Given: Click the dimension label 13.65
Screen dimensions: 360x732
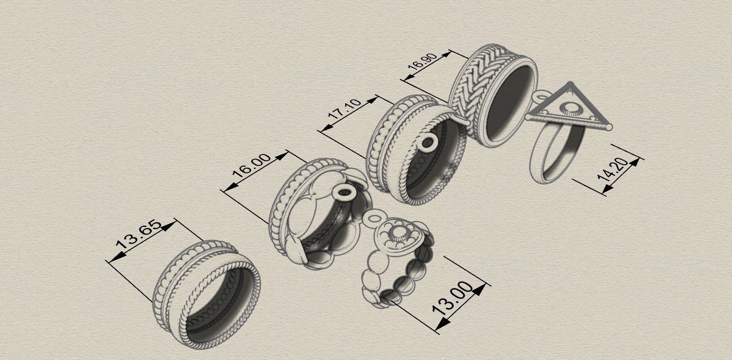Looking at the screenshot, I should [139, 234].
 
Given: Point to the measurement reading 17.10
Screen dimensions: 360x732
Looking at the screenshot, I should [345, 109].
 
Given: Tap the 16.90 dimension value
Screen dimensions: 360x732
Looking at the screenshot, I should [422, 62].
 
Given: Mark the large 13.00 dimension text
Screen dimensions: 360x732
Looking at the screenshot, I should [453, 298].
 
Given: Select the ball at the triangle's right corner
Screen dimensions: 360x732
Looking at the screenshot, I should [609, 127].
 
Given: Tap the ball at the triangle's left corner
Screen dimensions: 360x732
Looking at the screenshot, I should [528, 117].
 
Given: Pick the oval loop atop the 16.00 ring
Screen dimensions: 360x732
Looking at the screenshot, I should [344, 192].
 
